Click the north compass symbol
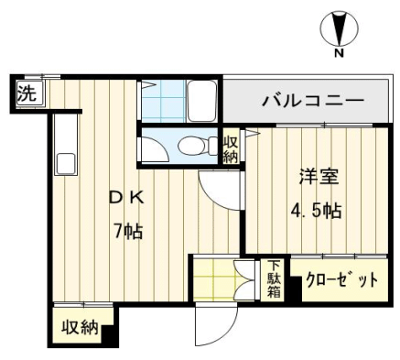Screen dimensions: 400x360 [x=340, y=28]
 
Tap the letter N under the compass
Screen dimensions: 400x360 [x=339, y=53]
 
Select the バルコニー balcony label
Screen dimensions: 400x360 [x=313, y=101]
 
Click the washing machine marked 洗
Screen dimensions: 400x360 [x=30, y=93]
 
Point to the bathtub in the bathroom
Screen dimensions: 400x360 [x=201, y=101]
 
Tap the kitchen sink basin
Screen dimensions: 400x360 [x=65, y=164]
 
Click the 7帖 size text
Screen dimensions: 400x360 [x=128, y=231]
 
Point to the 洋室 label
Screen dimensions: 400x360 [x=319, y=176]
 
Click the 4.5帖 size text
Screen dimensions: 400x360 [x=316, y=211]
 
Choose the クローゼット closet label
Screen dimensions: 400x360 [x=341, y=279]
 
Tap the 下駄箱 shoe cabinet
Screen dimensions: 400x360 [x=274, y=279]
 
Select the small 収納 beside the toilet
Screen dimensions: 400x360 [x=231, y=149]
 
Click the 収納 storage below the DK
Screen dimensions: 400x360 [x=80, y=328]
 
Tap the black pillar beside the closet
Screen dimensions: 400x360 [x=296, y=289]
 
